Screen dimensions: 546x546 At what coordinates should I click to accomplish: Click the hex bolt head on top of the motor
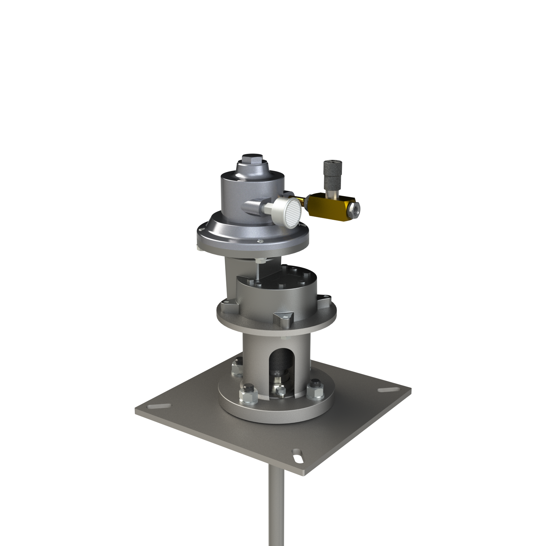click(x=253, y=159)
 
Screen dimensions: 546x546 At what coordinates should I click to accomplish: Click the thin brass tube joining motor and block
click(x=300, y=199)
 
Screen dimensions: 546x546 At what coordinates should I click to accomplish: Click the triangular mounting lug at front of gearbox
click(x=284, y=318)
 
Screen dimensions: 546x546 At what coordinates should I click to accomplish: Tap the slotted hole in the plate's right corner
click(x=387, y=390)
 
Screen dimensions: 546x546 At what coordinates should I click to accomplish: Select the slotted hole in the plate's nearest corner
click(x=298, y=456)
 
